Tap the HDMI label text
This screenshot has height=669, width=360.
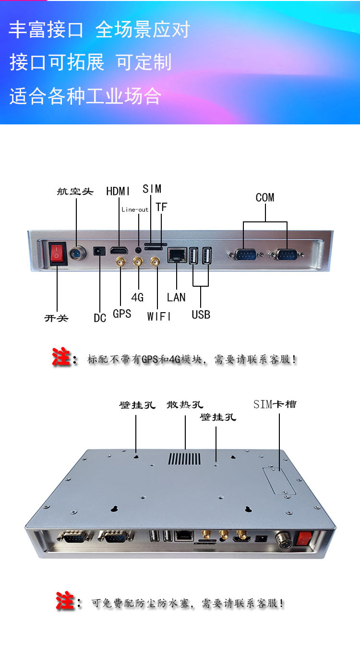[x=118, y=191]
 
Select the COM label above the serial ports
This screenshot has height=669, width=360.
[x=265, y=197]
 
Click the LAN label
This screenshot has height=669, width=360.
[x=176, y=297]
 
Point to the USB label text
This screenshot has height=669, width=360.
[x=201, y=315]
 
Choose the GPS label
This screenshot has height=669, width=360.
[x=122, y=314]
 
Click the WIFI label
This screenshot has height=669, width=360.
[x=159, y=316]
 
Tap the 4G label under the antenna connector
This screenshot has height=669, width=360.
[x=137, y=297]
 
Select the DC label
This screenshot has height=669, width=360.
[x=100, y=318]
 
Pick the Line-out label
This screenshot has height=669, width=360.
[x=134, y=210]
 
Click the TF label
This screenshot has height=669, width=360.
[x=161, y=207]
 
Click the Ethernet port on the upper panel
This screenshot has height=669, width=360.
[x=177, y=255]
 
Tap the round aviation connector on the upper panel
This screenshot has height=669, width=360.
[x=77, y=254]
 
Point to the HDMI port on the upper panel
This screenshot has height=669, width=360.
[x=119, y=250]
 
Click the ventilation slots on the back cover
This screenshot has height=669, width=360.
[x=184, y=459]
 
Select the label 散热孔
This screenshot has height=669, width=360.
[x=185, y=405]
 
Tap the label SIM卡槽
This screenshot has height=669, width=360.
[x=275, y=404]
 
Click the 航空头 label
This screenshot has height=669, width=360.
[x=75, y=192]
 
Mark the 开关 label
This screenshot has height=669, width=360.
[x=56, y=318]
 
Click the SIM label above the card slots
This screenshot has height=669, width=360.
[x=152, y=189]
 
